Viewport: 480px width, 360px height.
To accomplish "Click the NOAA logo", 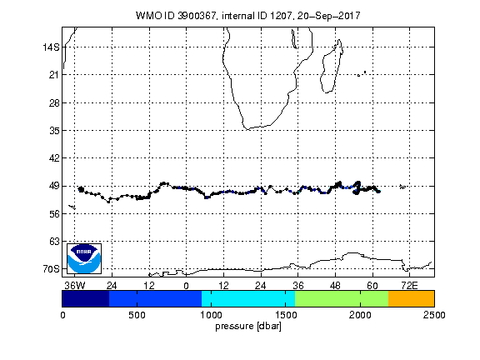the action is [x=84, y=258].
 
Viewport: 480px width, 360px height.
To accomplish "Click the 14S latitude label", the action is [x=51, y=47].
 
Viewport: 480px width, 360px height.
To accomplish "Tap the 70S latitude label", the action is [x=51, y=269].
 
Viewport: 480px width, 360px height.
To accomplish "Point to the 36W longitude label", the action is [x=75, y=286].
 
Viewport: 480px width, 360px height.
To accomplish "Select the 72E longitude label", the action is [x=409, y=286].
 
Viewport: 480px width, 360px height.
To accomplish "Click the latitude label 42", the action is [x=54, y=158].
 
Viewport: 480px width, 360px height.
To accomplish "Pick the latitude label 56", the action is [x=54, y=214].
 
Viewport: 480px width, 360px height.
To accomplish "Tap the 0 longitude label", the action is [x=186, y=286].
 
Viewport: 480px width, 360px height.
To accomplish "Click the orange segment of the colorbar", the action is [x=411, y=299].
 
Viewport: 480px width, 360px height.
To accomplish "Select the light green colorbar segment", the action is [x=342, y=299].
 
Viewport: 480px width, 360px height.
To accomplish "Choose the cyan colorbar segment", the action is [x=248, y=299].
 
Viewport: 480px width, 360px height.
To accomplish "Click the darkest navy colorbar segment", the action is [x=85, y=299].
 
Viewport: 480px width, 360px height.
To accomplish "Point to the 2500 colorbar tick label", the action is [x=434, y=315].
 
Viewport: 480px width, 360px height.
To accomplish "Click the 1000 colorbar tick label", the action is [x=211, y=315].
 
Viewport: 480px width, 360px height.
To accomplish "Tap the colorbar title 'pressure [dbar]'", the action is [x=248, y=327].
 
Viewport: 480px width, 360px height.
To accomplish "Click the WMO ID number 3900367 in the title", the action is [x=197, y=16].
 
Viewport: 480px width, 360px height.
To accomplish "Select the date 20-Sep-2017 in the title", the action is [x=329, y=16].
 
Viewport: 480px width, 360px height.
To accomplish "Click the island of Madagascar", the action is [x=331, y=67].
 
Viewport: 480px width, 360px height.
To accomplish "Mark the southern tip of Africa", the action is [x=247, y=129].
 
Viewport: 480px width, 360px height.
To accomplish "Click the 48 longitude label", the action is [x=335, y=286].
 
